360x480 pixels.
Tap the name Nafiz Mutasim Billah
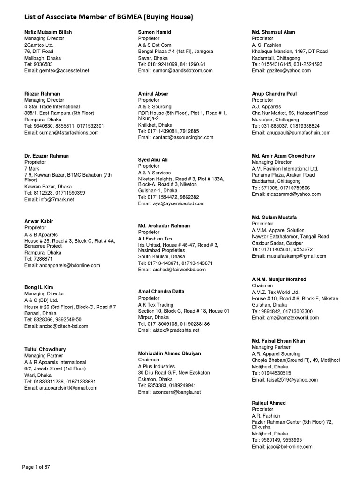[x=48, y=32]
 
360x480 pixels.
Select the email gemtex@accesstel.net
[x=56, y=70]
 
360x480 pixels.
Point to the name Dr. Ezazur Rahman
[x=46, y=156]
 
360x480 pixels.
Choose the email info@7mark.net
[x=49, y=199]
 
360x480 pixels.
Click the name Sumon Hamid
[x=155, y=32]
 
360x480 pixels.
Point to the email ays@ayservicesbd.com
[x=172, y=204]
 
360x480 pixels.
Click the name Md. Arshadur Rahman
[x=164, y=225]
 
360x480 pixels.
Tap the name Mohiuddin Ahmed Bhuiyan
[x=170, y=353]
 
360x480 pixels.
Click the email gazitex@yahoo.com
[x=281, y=70]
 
